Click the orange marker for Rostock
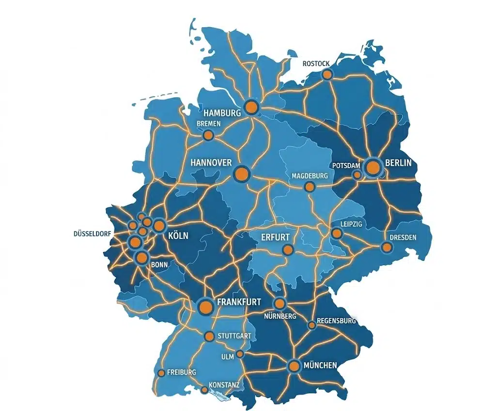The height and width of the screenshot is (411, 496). [x=327, y=74]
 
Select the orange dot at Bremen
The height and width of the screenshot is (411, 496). [x=208, y=135]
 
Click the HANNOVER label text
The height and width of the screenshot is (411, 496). [x=211, y=162]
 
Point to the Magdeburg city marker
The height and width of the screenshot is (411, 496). [x=309, y=187]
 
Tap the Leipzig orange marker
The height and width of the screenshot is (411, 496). [x=337, y=234]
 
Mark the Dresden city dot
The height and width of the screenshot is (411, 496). [x=386, y=248]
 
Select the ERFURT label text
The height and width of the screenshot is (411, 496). [x=275, y=237]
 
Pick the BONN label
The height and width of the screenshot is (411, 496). [x=159, y=265]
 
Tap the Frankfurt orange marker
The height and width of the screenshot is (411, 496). [x=206, y=306]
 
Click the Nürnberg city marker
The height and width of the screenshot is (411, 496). [x=279, y=304]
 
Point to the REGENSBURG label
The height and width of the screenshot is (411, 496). [x=336, y=321]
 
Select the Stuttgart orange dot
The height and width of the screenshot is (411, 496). [x=209, y=336]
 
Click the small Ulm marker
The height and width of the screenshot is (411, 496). [x=239, y=354]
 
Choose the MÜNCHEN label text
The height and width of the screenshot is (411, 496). [x=320, y=365]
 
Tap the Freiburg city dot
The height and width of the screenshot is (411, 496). [x=161, y=373]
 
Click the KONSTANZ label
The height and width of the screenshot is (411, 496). [x=224, y=385]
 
